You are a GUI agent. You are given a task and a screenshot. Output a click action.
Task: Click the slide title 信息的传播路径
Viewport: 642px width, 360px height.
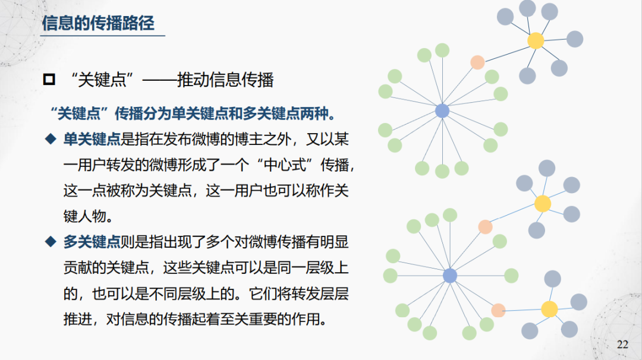pyautogui.click(x=98, y=23)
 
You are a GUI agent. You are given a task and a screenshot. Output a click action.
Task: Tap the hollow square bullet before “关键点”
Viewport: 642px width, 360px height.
pyautogui.click(x=49, y=80)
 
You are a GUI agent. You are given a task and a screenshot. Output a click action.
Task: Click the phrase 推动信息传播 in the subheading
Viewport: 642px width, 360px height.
pyautogui.click(x=225, y=80)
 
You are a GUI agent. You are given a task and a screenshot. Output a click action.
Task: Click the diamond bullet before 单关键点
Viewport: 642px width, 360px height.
pyautogui.click(x=50, y=140)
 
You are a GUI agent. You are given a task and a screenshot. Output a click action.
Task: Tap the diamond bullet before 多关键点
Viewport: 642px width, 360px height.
pyautogui.click(x=50, y=242)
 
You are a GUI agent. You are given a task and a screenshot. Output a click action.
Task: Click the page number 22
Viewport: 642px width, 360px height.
pyautogui.click(x=622, y=345)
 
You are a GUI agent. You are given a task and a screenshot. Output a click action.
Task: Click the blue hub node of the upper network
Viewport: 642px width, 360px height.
pyautogui.click(x=442, y=110)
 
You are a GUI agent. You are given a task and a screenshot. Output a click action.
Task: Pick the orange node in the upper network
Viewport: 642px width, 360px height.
pyautogui.click(x=477, y=62)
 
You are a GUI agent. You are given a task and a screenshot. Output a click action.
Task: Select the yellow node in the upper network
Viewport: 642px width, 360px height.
pyautogui.click(x=536, y=40)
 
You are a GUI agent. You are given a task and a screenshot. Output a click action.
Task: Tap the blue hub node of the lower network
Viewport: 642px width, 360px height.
pyautogui.click(x=450, y=276)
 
